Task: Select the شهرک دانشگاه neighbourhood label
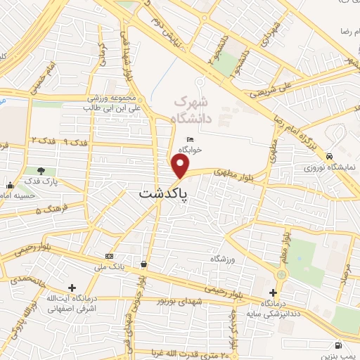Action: click(193, 109)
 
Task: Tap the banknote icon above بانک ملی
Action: click(109, 256)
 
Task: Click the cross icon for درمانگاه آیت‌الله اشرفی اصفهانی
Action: click(72, 288)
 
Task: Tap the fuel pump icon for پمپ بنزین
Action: click(339, 345)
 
